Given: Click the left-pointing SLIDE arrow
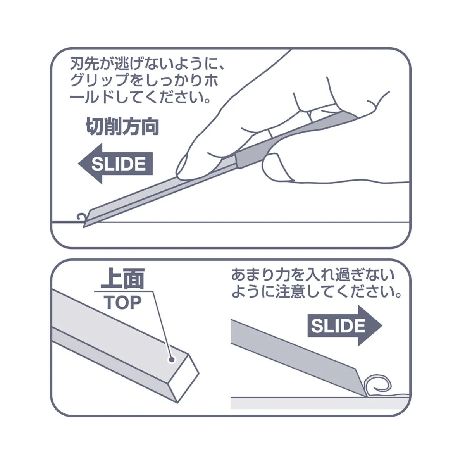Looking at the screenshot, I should point(116,164).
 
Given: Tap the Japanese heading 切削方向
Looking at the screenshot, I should point(122,127).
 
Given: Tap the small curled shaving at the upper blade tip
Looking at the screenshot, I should point(81,219).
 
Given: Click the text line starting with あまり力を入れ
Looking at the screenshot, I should point(313,276).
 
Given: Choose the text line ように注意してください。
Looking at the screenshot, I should point(316,292).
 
